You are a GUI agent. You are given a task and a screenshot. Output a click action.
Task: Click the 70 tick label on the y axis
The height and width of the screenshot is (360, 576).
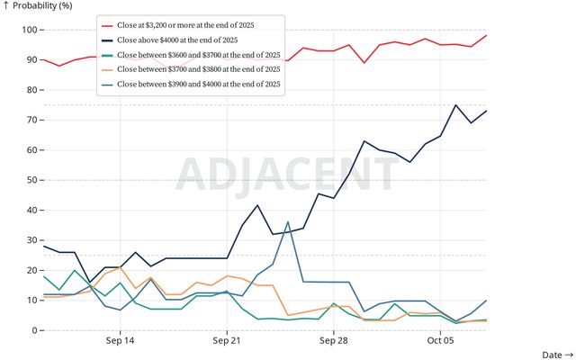(x=27, y=121)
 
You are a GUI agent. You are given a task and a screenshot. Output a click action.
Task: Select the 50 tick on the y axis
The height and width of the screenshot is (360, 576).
(x=27, y=180)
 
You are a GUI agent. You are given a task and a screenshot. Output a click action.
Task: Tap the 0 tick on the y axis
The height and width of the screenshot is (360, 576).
(x=31, y=330)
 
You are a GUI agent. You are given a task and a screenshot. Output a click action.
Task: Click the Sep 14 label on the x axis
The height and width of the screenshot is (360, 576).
(x=120, y=341)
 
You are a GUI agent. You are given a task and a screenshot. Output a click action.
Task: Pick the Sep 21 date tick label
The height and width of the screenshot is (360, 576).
(x=227, y=341)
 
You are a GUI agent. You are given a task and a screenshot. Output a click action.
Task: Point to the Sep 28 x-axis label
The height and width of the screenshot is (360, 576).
(x=333, y=341)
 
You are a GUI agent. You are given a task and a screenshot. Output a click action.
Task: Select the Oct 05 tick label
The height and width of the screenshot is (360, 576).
(x=440, y=341)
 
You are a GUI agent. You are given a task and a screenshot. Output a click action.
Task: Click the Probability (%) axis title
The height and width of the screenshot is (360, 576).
(x=41, y=7)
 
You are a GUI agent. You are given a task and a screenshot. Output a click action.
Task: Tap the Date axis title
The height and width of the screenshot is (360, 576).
(x=556, y=355)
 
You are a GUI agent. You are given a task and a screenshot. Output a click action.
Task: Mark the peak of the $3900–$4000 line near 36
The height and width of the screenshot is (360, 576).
(x=288, y=221)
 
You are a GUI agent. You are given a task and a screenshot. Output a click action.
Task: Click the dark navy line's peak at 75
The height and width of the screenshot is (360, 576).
(x=455, y=105)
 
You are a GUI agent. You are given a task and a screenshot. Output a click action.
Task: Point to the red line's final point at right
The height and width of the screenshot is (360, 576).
(x=486, y=36)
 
